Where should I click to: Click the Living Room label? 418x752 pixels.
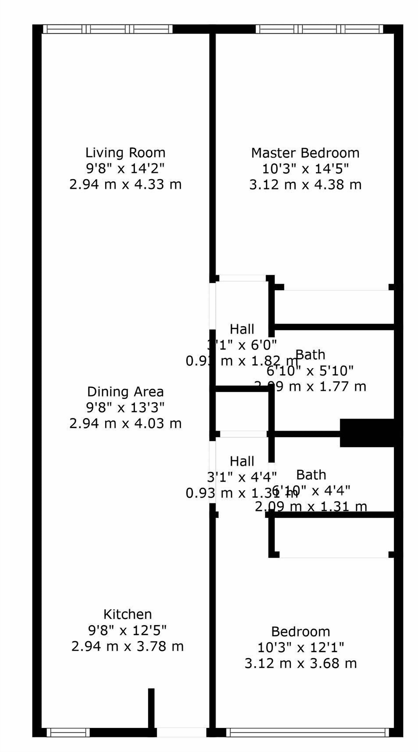point(125,153)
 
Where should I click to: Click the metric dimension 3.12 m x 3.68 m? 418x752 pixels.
point(300,664)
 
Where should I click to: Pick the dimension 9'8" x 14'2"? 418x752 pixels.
point(125,168)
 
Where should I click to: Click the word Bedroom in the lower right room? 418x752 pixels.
point(300,632)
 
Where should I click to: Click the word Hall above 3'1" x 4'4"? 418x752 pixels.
point(242,462)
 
